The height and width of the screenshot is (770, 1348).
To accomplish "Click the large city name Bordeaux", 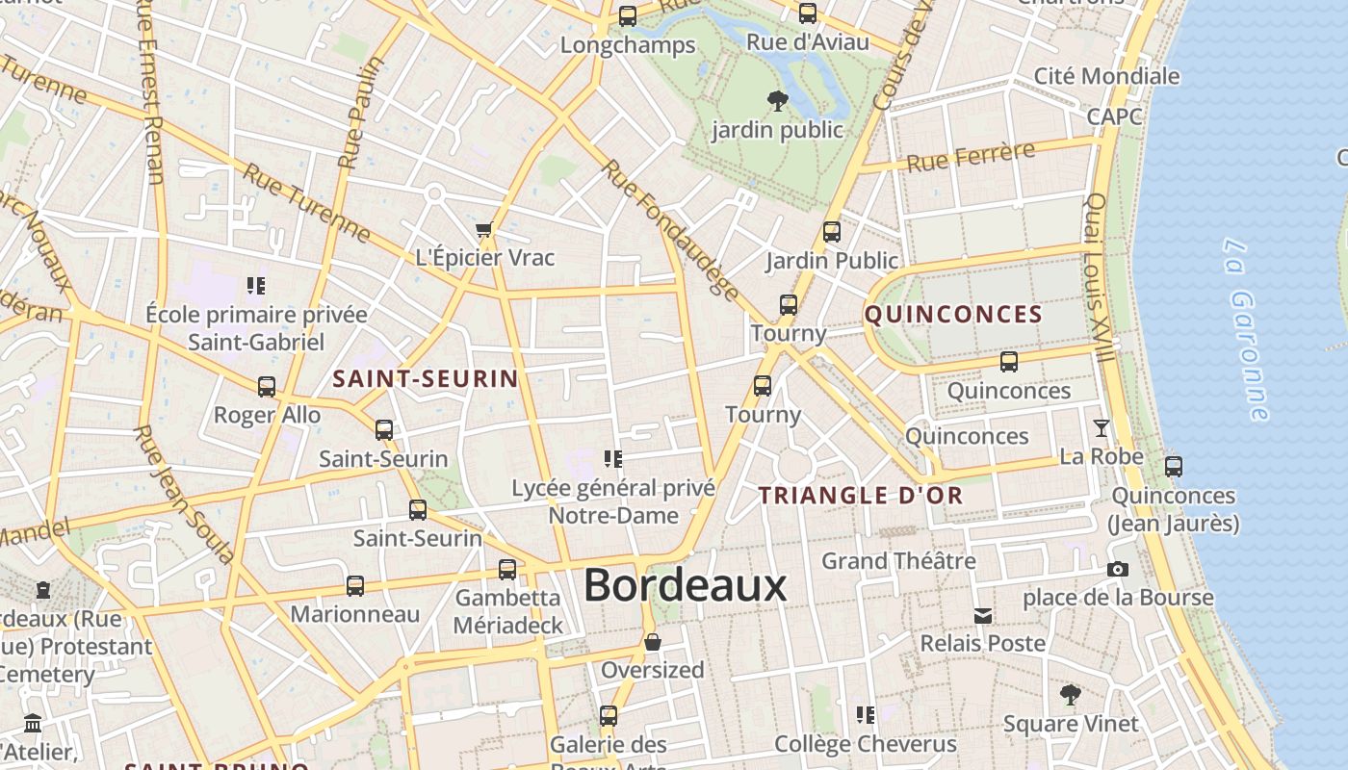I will point(685,585).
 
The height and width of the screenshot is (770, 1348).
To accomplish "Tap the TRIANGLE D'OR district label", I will point(860,496).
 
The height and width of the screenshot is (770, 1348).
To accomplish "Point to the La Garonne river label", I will point(1249,329).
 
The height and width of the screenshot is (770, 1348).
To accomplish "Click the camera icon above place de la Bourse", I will point(1117,569).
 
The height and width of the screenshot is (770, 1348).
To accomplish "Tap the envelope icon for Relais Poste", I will point(982,615).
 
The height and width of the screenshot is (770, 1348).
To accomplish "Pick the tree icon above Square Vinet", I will point(1070,695).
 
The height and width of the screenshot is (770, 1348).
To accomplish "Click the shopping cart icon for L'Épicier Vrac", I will point(484,229).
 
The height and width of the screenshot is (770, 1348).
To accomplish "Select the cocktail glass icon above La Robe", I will point(1101,428).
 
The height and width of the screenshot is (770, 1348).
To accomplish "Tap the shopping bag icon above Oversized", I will point(652,642).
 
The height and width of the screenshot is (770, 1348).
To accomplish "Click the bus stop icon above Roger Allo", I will point(267,387).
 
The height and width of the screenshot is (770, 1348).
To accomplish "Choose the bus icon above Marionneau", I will point(354,586).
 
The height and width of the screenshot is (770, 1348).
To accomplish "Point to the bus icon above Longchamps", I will point(628,16).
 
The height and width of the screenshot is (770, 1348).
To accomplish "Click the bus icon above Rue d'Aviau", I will point(808,13).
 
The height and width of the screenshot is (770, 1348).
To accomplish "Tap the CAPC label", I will point(1114,116).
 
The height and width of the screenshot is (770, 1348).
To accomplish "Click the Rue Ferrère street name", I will point(971,156).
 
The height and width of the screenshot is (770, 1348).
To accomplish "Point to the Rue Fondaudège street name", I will point(670,230).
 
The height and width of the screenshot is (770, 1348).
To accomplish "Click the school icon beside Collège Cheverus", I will point(865,714).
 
